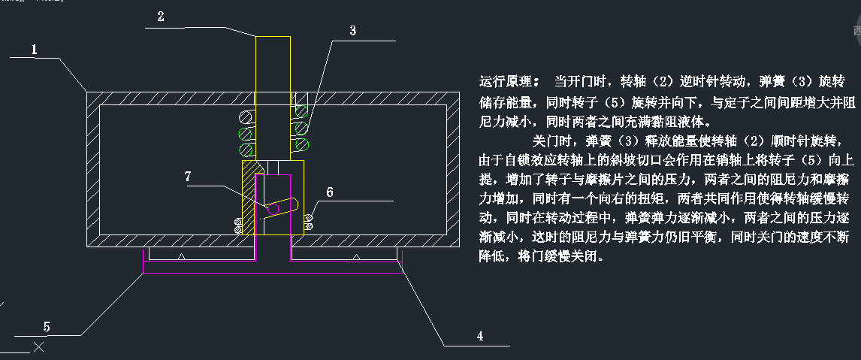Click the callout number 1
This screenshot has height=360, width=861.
[35, 50]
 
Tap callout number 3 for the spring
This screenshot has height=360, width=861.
[352, 30]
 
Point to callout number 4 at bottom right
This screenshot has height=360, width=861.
[479, 336]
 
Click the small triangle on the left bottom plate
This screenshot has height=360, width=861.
[183, 257]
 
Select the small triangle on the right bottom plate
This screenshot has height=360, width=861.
[358, 257]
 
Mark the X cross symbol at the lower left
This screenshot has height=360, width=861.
[39, 346]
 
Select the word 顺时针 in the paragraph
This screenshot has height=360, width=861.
[756, 141]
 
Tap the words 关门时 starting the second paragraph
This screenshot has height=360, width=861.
[551, 141]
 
